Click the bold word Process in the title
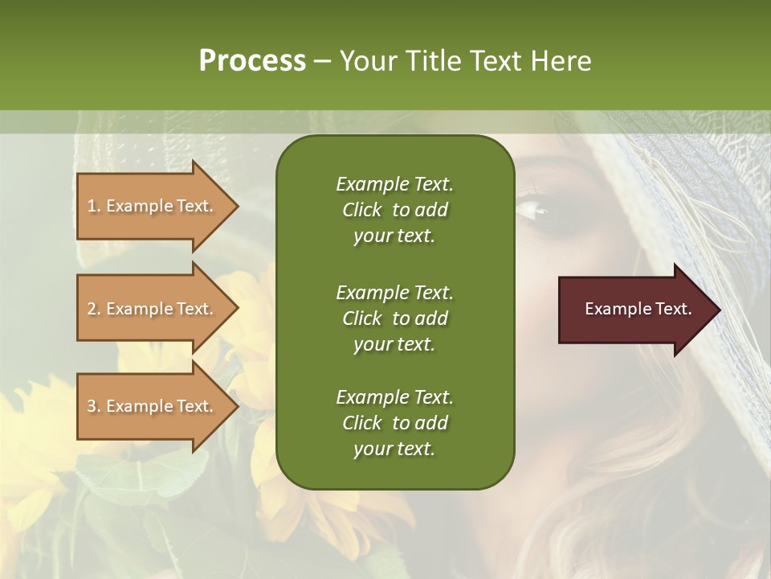(252, 61)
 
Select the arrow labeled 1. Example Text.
(153, 206)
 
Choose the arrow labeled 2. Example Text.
(153, 309)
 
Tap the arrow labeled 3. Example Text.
(153, 406)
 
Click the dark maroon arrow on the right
(634, 310)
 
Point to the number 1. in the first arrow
(94, 206)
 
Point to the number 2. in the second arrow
(94, 309)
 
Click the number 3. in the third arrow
(94, 406)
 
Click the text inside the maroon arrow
(638, 309)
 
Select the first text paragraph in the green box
(394, 210)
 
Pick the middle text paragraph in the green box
(394, 318)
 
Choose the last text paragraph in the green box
(394, 423)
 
